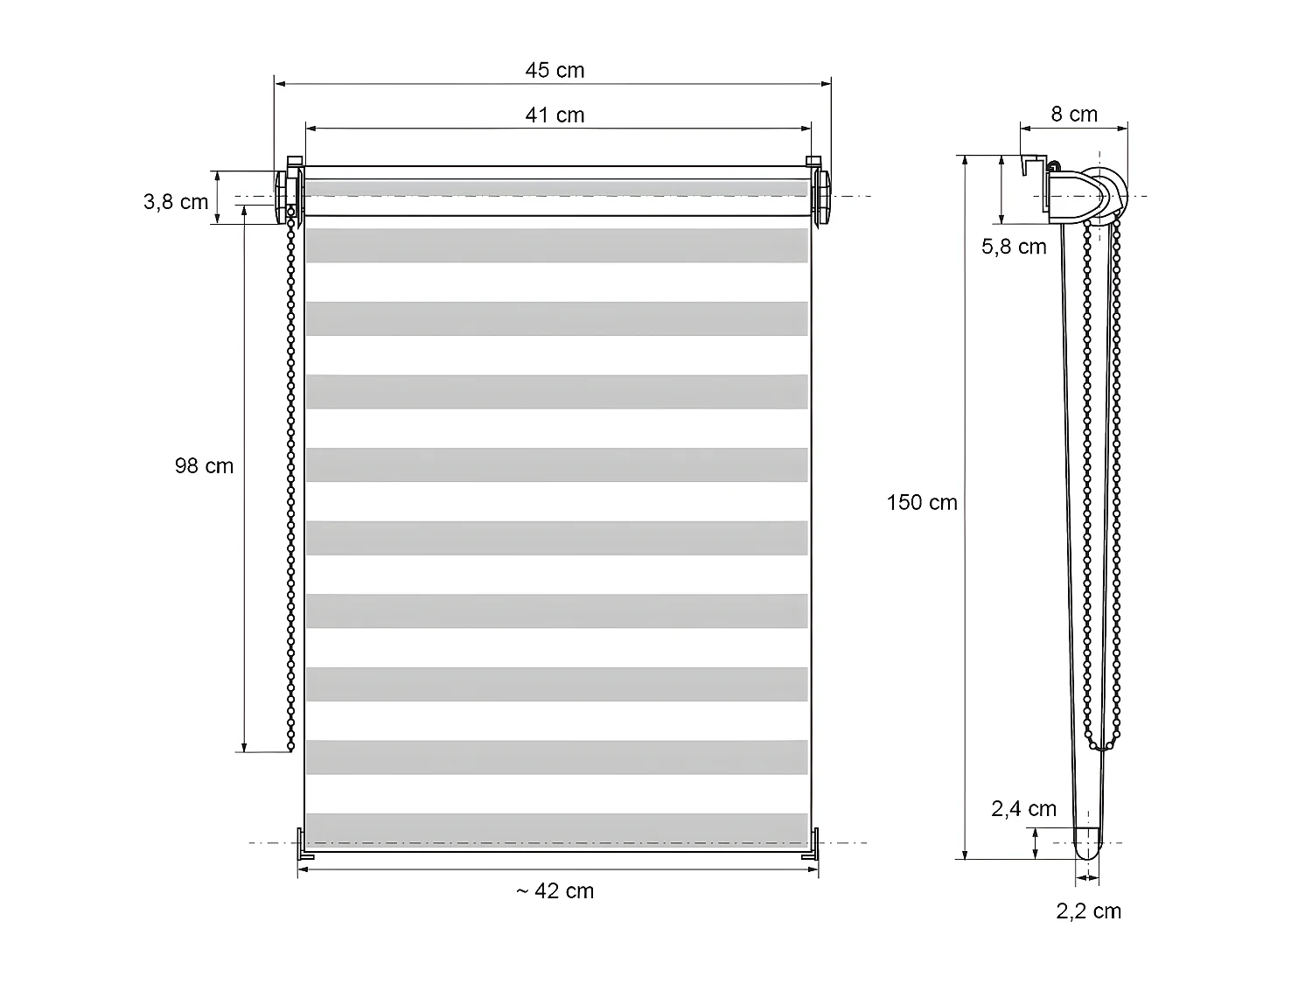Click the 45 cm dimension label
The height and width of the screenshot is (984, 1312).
click(555, 70)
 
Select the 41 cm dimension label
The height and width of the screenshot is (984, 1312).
click(555, 115)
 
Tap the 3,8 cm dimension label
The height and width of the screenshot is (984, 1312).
click(176, 202)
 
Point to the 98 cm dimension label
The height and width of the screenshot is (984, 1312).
click(204, 466)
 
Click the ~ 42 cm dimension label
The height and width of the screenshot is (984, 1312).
click(555, 890)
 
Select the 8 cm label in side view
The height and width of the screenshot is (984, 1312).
click(1073, 114)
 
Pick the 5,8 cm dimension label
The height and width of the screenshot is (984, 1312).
click(1013, 247)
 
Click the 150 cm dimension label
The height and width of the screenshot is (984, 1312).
click(921, 502)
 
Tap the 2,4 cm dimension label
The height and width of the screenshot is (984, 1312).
click(1023, 809)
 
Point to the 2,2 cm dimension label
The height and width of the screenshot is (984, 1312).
click(1088, 911)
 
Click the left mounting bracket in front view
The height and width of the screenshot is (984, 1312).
click(288, 193)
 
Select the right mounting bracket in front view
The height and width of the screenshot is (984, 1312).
click(821, 193)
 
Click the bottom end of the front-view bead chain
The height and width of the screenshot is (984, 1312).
click(290, 748)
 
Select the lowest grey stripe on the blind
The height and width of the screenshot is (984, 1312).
click(556, 828)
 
